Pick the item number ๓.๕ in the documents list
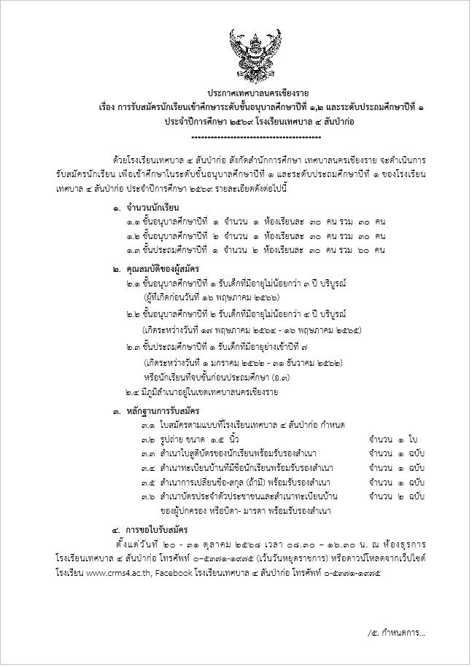pyautogui.click(x=147, y=482)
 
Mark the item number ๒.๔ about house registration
pyautogui.click(x=134, y=392)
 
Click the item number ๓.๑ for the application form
pyautogui.click(x=147, y=425)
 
